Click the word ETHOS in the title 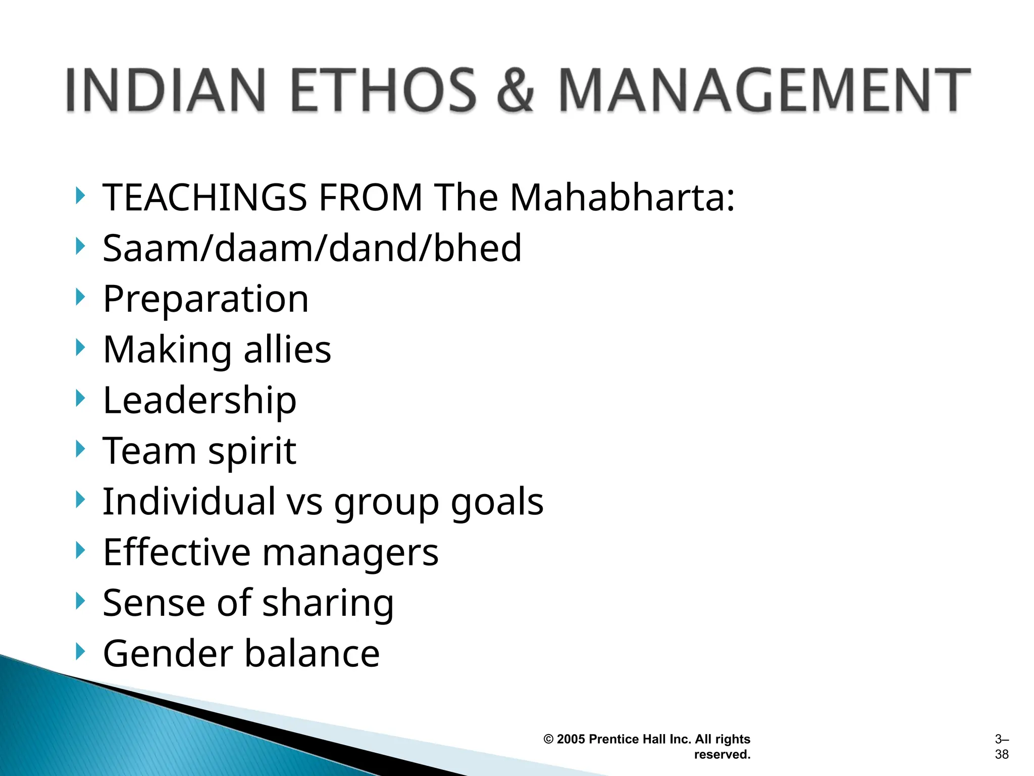[x=384, y=90]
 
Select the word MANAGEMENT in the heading [x=763, y=90]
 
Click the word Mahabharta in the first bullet [x=622, y=197]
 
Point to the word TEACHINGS [x=205, y=197]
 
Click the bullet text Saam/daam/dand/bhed [x=312, y=248]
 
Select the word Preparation [x=205, y=299]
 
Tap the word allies [x=287, y=350]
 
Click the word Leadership [x=199, y=401]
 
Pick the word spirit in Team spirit [x=252, y=451]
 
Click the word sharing [x=328, y=604]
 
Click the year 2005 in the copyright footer [x=571, y=739]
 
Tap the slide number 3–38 [x=1002, y=747]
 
